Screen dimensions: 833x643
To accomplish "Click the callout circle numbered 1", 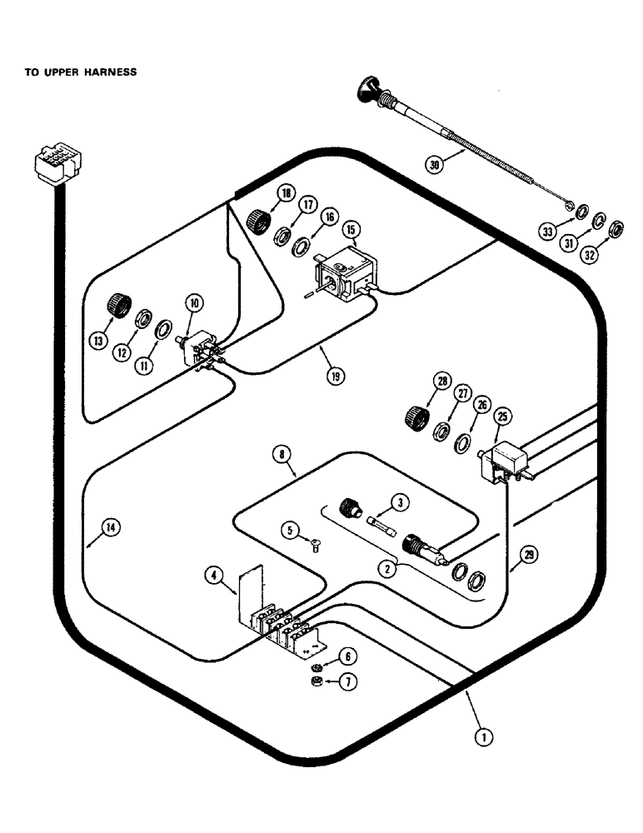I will pyautogui.click(x=481, y=736).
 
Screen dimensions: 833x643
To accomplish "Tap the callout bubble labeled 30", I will pyautogui.click(x=435, y=164).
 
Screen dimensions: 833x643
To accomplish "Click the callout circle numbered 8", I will pyautogui.click(x=284, y=454).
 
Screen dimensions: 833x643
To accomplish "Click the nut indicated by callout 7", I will pyautogui.click(x=317, y=682).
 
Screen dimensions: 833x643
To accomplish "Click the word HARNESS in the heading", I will pyautogui.click(x=107, y=72).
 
